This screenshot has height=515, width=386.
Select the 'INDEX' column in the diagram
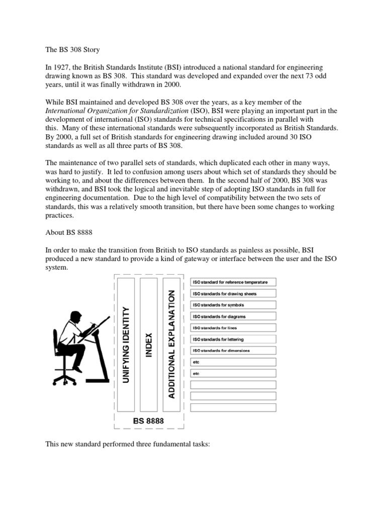point(149,345)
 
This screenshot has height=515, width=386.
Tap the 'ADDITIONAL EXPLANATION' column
point(172,345)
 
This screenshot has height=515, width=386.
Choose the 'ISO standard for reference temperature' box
point(233,282)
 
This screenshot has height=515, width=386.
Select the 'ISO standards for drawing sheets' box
point(233,294)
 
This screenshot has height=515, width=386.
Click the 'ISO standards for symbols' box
point(233,305)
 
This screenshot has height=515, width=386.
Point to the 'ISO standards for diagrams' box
point(233,316)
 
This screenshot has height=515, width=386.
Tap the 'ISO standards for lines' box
point(233,327)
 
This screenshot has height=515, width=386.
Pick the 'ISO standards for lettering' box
point(233,339)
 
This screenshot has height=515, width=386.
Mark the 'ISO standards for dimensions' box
point(233,350)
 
